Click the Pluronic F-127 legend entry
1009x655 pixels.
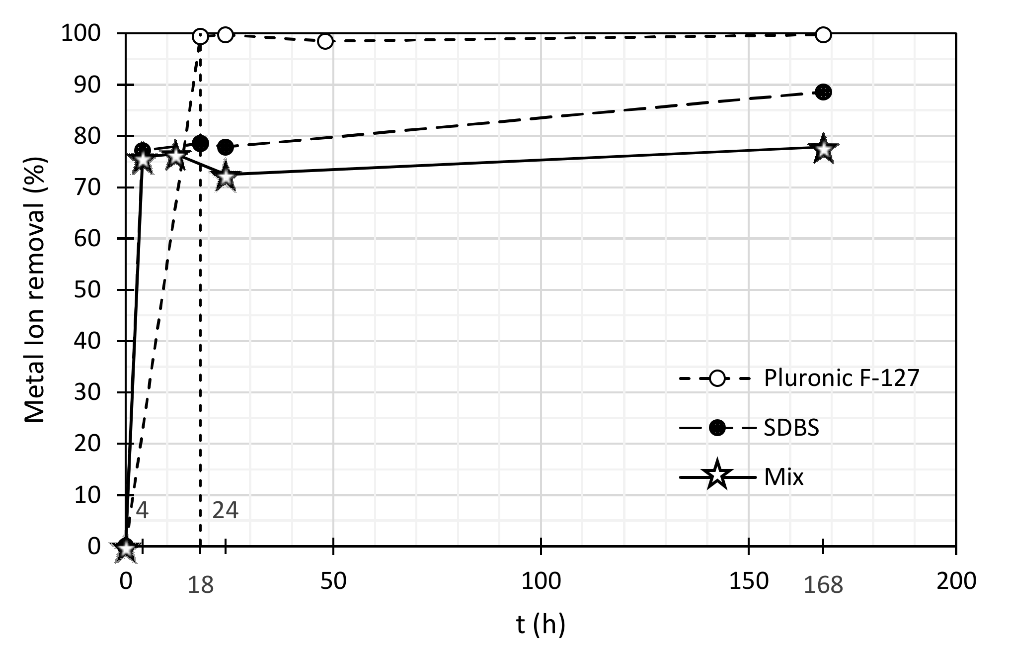[841, 378]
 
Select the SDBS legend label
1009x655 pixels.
[791, 428]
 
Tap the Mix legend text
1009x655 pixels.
[783, 477]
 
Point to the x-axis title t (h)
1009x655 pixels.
[541, 624]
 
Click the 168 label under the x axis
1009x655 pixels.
[823, 585]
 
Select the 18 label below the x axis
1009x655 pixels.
[200, 585]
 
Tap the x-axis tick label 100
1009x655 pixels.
[541, 580]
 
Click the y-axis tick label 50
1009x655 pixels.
[87, 290]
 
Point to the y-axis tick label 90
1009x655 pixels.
[87, 85]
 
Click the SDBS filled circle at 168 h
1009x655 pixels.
[823, 92]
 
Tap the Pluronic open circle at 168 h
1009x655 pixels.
[823, 35]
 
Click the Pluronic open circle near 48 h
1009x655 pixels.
[325, 41]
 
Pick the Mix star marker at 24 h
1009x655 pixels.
[226, 176]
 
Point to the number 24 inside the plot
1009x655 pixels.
[225, 511]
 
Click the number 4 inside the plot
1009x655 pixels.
[142, 511]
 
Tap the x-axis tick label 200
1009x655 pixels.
[956, 580]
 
